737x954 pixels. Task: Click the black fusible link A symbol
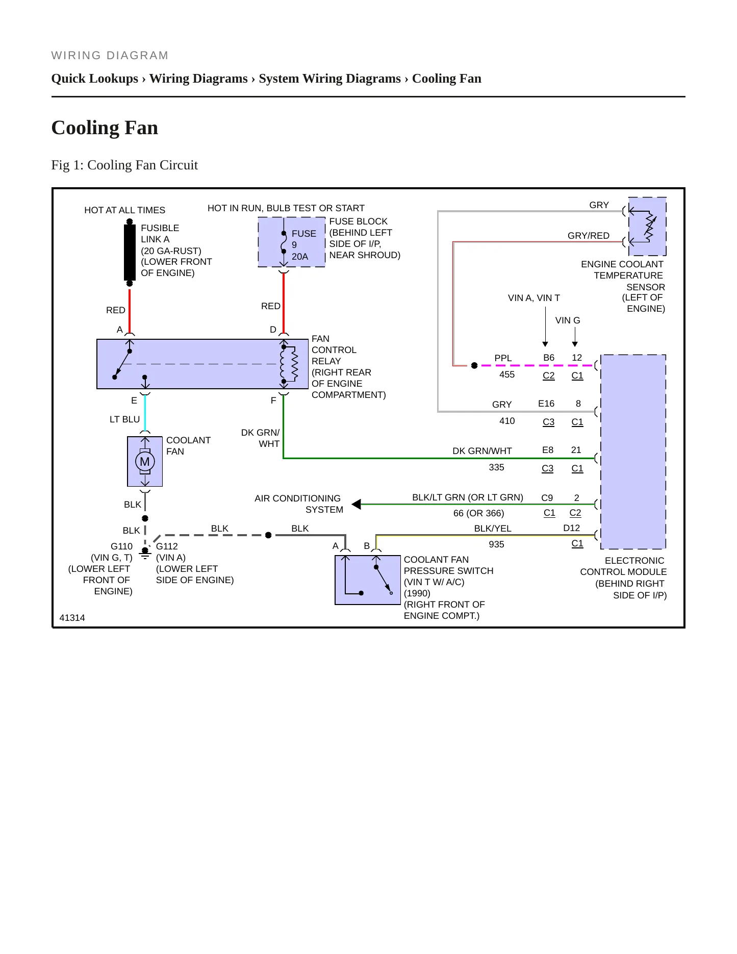click(x=130, y=252)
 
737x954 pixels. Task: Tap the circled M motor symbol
click(x=145, y=462)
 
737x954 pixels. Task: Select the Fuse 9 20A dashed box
click(x=291, y=242)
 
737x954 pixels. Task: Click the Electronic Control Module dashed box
click(x=633, y=451)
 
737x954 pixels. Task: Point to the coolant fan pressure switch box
click(x=368, y=580)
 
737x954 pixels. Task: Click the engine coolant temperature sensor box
click(x=647, y=227)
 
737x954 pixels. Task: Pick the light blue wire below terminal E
click(x=145, y=413)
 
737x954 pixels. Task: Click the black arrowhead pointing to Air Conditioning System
click(x=357, y=504)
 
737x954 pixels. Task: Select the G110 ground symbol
click(x=145, y=553)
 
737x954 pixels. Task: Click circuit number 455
click(x=507, y=374)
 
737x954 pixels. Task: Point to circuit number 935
click(x=496, y=544)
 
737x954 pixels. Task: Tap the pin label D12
click(x=572, y=528)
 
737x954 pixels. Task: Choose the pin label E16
click(x=546, y=404)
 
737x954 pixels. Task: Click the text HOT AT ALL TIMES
click(x=124, y=210)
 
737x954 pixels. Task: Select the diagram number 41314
click(x=72, y=618)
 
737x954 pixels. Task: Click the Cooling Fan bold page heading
click(x=105, y=128)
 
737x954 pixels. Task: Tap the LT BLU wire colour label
click(x=124, y=419)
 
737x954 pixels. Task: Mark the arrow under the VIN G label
click(x=575, y=337)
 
